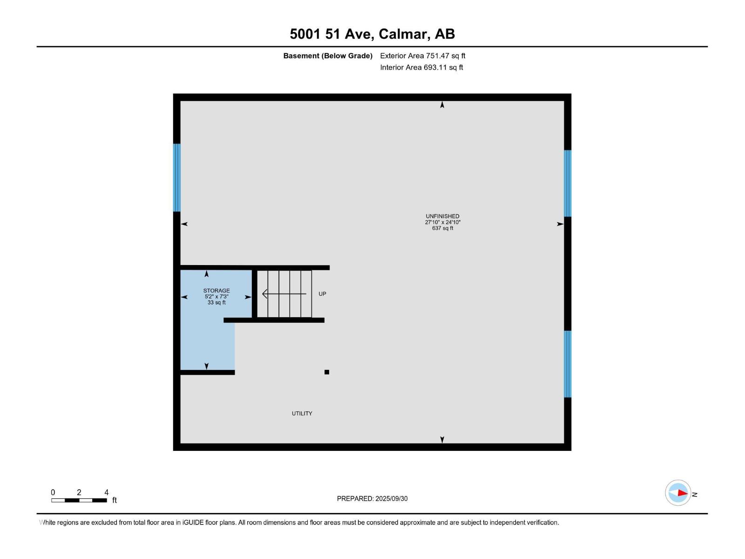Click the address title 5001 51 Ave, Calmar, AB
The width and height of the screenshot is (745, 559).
click(x=372, y=34)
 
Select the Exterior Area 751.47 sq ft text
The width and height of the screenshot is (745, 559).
click(x=422, y=56)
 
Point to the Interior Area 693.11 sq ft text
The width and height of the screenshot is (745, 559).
click(x=421, y=68)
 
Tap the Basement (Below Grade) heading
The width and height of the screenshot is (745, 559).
click(x=328, y=56)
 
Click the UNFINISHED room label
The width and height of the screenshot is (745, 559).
click(x=442, y=216)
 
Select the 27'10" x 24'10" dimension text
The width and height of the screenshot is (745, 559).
click(x=442, y=222)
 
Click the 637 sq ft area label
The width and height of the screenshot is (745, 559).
click(x=442, y=228)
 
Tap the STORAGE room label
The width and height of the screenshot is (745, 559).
click(x=217, y=291)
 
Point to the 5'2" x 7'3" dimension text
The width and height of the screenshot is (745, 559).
click(x=217, y=297)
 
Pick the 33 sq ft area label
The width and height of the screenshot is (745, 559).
click(x=217, y=303)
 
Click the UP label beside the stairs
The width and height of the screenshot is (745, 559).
click(x=322, y=294)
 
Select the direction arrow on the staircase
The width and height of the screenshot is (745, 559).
click(x=284, y=294)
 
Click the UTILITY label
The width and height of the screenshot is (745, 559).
click(x=302, y=414)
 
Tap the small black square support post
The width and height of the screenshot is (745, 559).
click(x=327, y=372)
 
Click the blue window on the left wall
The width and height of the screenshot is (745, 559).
click(x=177, y=177)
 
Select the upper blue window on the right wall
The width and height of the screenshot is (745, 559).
click(x=568, y=183)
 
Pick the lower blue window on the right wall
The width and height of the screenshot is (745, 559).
click(x=568, y=364)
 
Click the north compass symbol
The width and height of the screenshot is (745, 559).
click(x=678, y=493)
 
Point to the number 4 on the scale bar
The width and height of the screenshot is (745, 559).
click(x=107, y=492)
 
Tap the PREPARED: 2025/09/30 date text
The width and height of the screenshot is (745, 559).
click(x=372, y=498)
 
